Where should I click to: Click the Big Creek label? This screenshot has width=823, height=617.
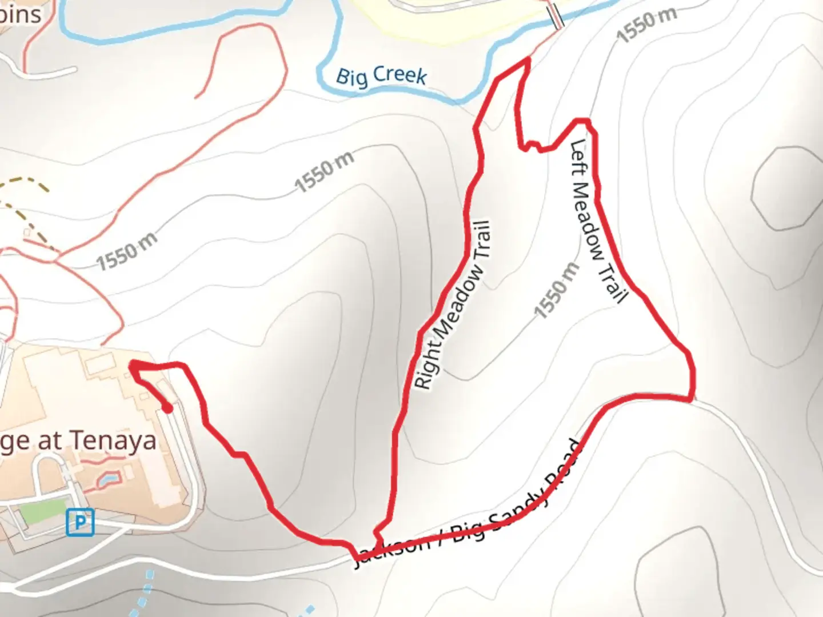(381, 77)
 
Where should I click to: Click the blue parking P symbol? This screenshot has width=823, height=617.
(80, 522)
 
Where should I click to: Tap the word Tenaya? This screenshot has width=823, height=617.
(114, 441)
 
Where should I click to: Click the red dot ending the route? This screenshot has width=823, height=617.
(167, 408)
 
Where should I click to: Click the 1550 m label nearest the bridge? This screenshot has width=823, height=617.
(646, 25)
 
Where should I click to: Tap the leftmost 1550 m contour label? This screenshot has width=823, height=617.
(126, 252)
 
